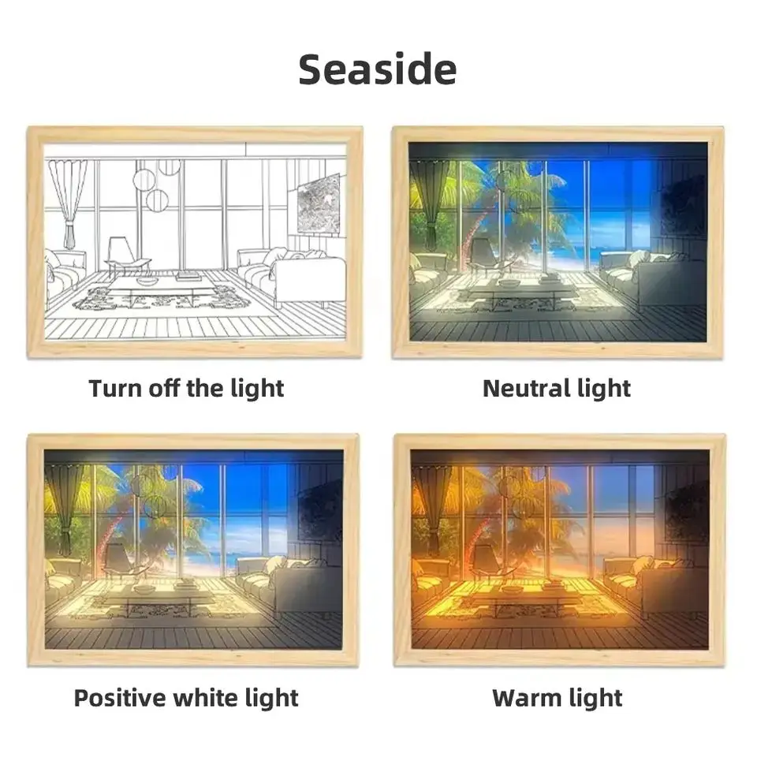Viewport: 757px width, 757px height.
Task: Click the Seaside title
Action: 377,69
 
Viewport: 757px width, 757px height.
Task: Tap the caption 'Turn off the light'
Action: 186,389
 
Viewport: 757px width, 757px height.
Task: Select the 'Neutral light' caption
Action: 557,389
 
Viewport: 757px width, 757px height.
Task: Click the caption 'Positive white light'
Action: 186,698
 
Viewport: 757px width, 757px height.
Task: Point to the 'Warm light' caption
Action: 557,698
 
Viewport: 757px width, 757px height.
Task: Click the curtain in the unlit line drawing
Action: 69,197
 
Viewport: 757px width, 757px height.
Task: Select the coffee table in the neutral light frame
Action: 524,292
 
